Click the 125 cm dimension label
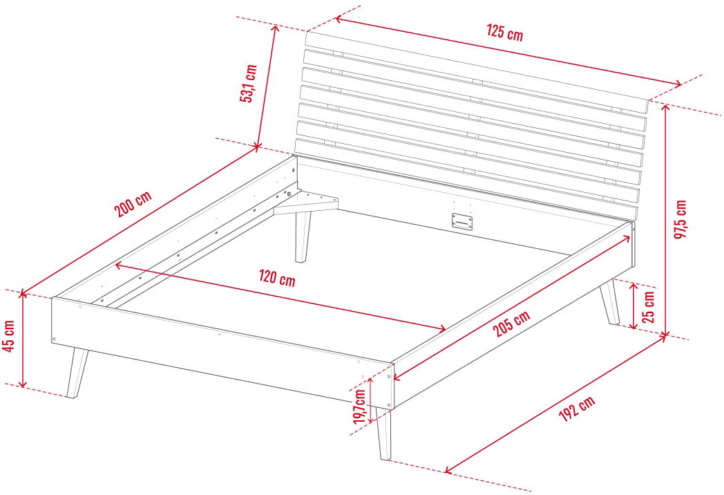pyautogui.click(x=505, y=32)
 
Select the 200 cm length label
pyautogui.click(x=133, y=204)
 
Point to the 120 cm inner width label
pyautogui.click(x=276, y=278)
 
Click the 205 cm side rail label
pyautogui.click(x=511, y=324)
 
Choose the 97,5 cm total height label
pyautogui.click(x=680, y=219)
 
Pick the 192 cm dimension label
pyautogui.click(x=577, y=409)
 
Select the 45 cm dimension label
pyautogui.click(x=8, y=336)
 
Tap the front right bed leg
pyautogui.click(x=383, y=433)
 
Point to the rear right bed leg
pyautogui.click(x=610, y=301)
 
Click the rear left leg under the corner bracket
pyautogui.click(x=303, y=237)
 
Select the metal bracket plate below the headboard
pyautogui.click(x=462, y=221)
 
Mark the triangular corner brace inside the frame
pyautogui.click(x=305, y=203)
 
